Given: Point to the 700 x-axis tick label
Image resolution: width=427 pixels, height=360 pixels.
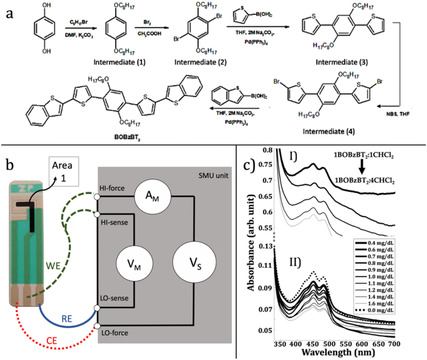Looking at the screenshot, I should point(413,342).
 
